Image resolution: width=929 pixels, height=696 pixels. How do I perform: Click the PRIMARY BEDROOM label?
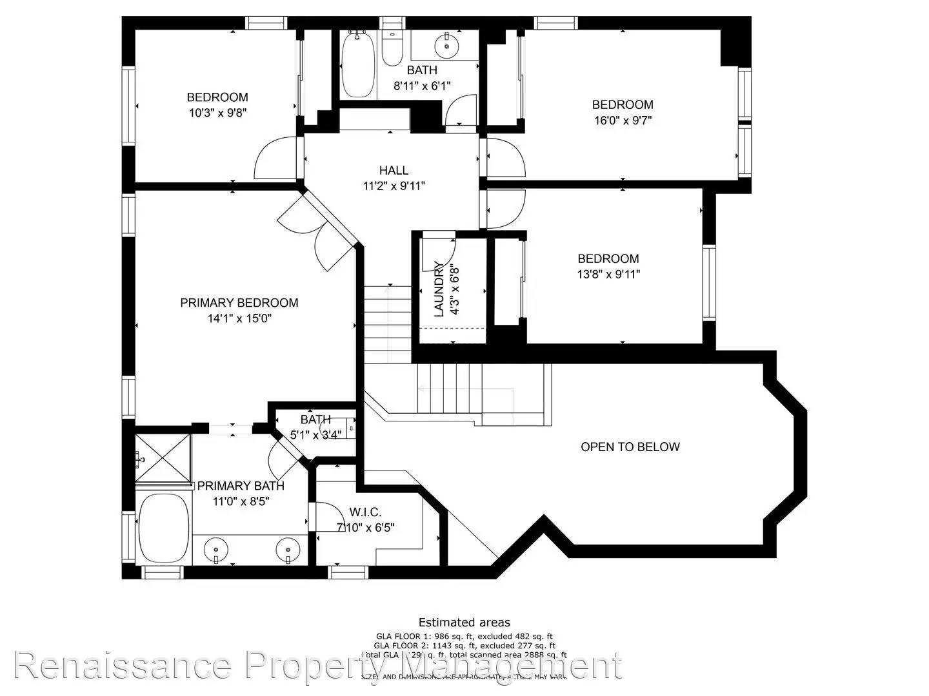point(239,303)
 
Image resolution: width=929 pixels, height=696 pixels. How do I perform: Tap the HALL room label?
point(394,170)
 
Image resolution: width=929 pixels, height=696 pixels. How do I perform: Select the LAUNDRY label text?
point(439,289)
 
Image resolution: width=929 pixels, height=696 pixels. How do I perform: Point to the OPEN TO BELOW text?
point(630,447)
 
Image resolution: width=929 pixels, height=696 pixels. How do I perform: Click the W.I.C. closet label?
point(365,512)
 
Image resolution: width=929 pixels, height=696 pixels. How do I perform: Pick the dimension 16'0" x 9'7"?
point(623,120)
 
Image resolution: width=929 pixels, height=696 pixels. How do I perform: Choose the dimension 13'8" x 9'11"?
point(608,274)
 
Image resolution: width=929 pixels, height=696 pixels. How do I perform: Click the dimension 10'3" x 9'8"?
point(217,112)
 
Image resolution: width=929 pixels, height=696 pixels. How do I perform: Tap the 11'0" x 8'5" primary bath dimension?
point(241,501)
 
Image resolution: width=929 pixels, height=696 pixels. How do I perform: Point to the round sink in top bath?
point(445,45)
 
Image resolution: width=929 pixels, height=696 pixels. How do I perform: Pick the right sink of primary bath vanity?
point(288,551)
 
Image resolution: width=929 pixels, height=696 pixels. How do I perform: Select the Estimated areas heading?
point(464,622)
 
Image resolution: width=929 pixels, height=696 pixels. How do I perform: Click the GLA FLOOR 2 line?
point(464,645)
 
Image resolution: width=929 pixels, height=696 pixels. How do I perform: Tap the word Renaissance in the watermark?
point(123,666)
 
